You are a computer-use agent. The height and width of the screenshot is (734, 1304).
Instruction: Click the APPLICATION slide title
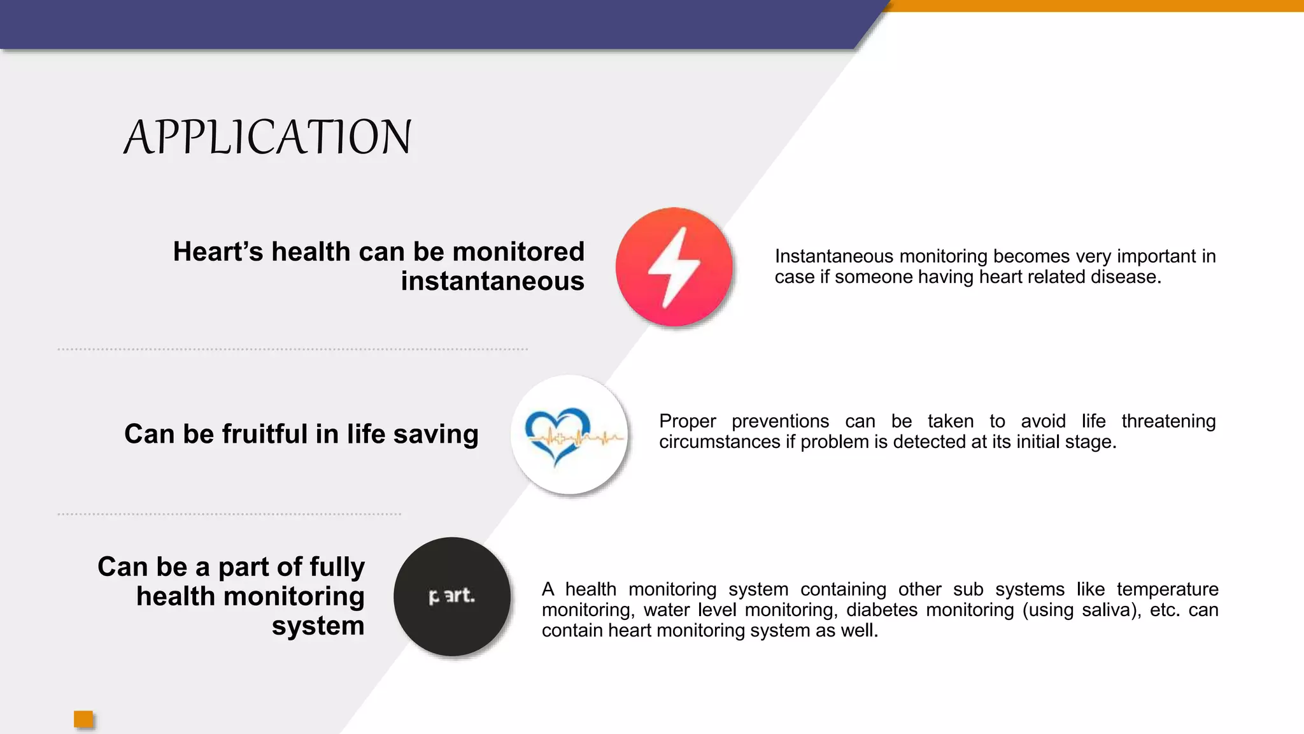267,137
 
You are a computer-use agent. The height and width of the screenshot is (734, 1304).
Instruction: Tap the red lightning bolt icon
674,267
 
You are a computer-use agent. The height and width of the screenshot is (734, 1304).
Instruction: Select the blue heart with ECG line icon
569,435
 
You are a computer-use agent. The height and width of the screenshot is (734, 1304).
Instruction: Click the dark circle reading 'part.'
452,596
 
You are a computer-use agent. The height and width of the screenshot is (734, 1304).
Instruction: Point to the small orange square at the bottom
83,719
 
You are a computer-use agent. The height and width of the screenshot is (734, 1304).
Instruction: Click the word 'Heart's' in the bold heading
218,252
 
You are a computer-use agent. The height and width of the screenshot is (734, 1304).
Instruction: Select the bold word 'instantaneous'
492,281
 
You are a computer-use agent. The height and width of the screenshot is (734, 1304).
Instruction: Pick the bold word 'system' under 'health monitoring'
318,626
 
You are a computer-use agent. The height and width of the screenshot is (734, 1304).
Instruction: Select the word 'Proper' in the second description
687,421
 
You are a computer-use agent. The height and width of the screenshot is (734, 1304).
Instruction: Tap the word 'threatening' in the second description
1168,421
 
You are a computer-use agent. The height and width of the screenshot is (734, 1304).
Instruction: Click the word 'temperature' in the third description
1167,589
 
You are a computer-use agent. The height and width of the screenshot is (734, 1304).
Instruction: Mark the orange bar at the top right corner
1095,6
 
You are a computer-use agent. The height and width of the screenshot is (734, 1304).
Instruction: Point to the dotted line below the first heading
293,349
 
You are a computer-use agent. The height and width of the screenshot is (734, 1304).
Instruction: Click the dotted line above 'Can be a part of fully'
229,514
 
